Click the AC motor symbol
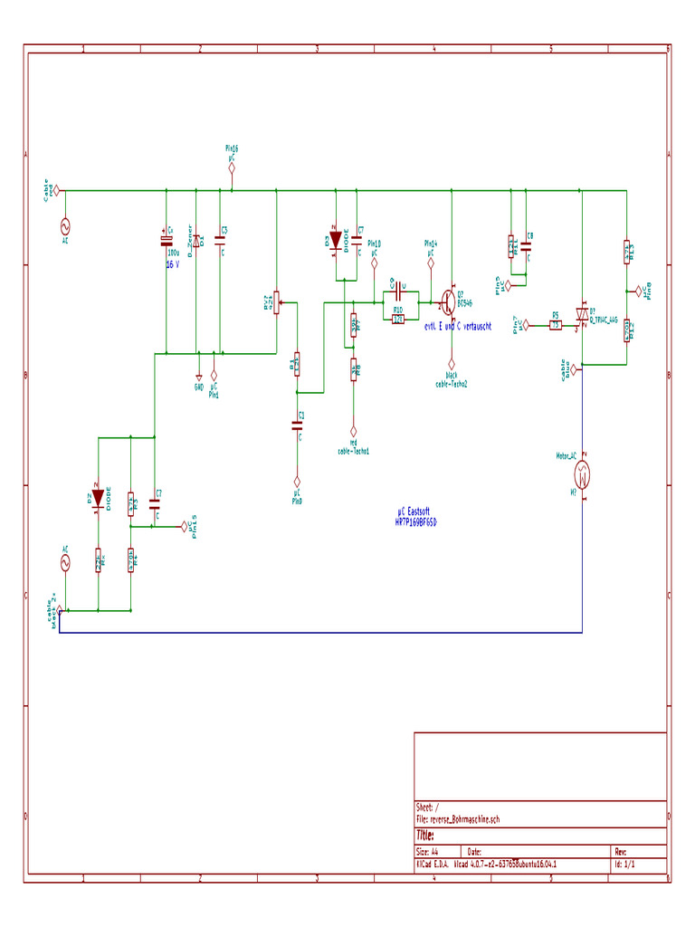(584, 472)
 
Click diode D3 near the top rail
(336, 240)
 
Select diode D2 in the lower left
(97, 497)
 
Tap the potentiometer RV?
(276, 303)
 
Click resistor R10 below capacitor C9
(398, 318)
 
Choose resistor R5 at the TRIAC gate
(556, 325)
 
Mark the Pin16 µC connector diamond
(232, 167)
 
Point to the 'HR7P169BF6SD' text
(415, 523)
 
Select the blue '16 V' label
(172, 265)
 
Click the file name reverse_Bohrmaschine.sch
(457, 818)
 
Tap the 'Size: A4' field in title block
(427, 852)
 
